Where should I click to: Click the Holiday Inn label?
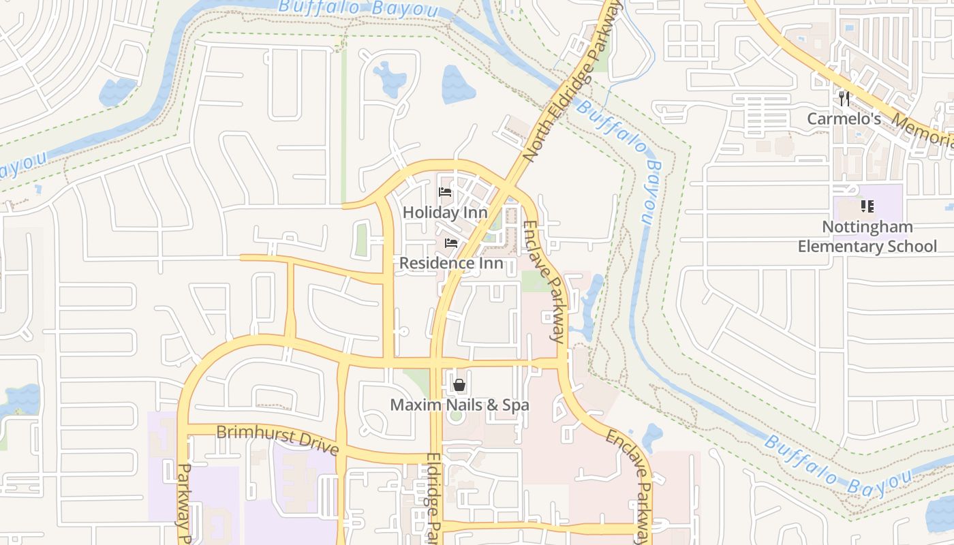(x=445, y=213)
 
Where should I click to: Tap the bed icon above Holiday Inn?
(x=445, y=192)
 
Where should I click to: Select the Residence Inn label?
(x=451, y=263)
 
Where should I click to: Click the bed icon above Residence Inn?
(x=451, y=243)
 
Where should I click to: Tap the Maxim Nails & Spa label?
(x=459, y=405)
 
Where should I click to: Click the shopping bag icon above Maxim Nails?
(x=459, y=386)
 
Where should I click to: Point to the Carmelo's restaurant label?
(x=844, y=119)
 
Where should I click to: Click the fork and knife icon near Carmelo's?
(x=844, y=99)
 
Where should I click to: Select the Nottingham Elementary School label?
(x=867, y=236)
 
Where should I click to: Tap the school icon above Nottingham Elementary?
(x=867, y=206)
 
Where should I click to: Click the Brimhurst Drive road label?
(x=277, y=439)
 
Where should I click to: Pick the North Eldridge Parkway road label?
(x=572, y=82)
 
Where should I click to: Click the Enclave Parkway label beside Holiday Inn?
(x=544, y=281)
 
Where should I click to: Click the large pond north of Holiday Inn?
(x=459, y=84)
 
